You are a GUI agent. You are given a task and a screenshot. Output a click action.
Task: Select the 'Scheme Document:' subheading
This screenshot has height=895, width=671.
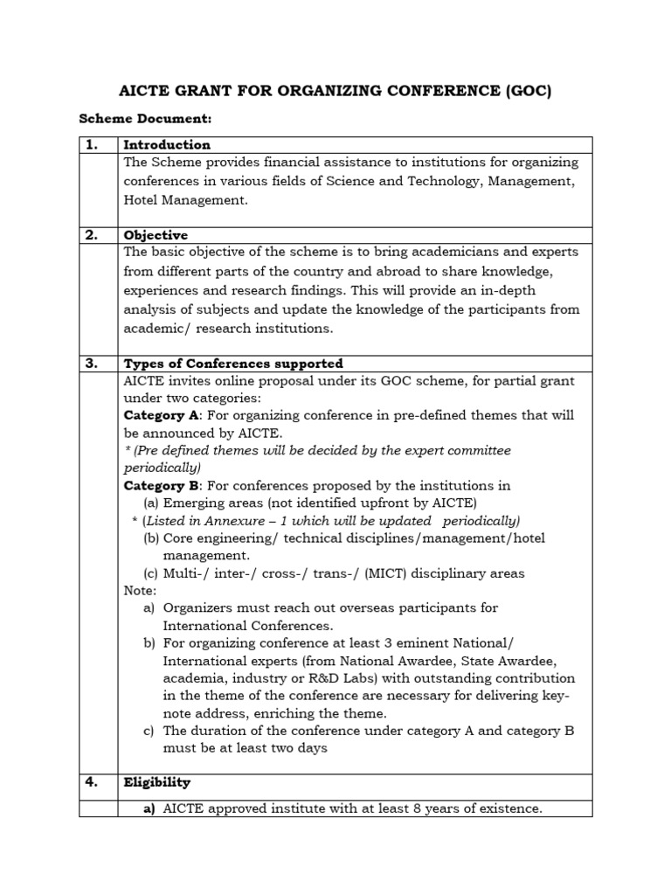click(x=146, y=119)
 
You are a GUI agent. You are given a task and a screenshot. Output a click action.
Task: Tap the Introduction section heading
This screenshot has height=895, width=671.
click(x=167, y=145)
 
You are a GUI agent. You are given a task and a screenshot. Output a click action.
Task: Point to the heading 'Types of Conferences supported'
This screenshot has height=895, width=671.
click(x=233, y=364)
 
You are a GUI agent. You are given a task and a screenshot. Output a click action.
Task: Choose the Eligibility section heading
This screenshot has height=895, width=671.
click(x=157, y=782)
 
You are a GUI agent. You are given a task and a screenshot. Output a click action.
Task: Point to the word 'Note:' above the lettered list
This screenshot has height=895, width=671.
click(x=140, y=591)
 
